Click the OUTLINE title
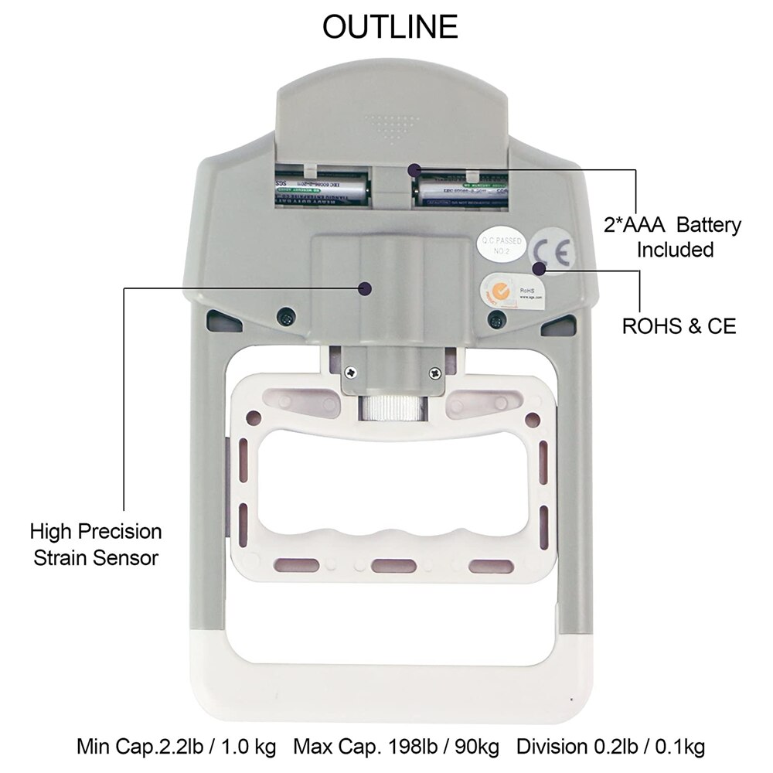tap(390, 27)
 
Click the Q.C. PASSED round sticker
tap(501, 245)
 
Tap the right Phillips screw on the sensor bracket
tap(435, 373)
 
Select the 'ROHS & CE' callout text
tap(679, 326)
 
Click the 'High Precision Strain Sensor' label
tap(96, 544)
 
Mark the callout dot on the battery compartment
tap(414, 168)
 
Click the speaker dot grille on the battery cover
tap(392, 127)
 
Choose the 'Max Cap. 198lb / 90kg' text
tap(396, 747)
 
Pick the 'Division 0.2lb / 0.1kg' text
tap(611, 747)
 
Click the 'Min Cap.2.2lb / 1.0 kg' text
tap(176, 747)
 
